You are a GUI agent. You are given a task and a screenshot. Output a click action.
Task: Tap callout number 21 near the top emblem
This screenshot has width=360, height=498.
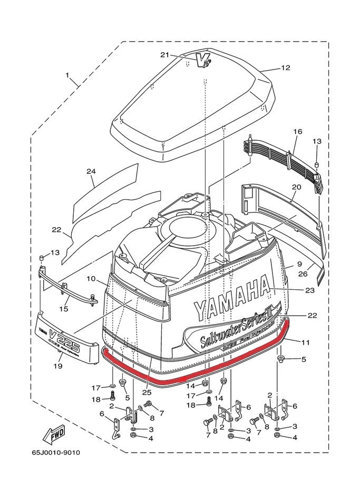click(164, 55)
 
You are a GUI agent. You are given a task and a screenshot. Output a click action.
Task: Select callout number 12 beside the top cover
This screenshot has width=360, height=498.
click(285, 67)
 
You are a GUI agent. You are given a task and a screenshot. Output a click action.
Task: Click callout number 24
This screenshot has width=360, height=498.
click(91, 172)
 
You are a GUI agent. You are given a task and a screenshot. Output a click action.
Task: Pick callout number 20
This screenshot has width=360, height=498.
click(296, 187)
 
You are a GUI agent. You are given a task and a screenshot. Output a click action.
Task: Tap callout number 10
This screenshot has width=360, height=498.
click(90, 278)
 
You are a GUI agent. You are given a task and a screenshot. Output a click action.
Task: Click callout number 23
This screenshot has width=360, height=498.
click(309, 290)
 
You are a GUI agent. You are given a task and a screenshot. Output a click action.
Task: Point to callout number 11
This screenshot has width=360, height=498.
click(306, 343)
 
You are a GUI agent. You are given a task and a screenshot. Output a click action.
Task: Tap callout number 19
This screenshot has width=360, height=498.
click(58, 366)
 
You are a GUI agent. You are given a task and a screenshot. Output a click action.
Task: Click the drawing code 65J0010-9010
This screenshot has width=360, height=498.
click(55, 452)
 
